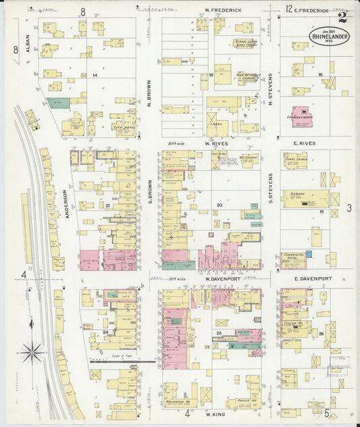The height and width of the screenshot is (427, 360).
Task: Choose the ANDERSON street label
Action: tap(66, 201)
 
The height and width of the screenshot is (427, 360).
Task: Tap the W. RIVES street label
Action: tap(217, 143)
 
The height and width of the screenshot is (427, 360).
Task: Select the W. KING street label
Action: tap(214, 413)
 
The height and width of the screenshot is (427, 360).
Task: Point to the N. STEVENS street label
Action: tap(270, 89)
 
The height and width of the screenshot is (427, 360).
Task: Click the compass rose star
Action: tap(32, 351)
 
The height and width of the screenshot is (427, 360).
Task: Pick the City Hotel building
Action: tap(122, 125)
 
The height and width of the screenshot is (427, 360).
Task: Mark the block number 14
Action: tap(95, 75)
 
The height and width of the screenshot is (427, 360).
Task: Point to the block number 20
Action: tap(219, 205)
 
